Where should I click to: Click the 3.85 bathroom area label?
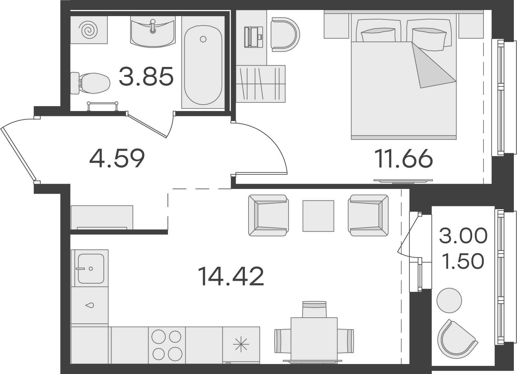(146, 76)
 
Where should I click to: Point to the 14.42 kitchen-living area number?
(231, 276)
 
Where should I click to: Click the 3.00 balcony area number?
(463, 236)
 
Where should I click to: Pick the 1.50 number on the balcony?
(463, 261)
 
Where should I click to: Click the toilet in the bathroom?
(90, 83)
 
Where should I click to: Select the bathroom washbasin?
(153, 32)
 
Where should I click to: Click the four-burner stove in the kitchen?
(167, 345)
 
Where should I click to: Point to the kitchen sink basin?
(91, 268)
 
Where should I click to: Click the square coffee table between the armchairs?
(318, 216)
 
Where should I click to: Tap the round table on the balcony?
(449, 301)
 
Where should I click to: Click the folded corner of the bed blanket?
(432, 67)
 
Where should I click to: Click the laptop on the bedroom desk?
(254, 37)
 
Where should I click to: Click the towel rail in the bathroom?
(102, 106)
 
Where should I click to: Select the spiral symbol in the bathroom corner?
(88, 30)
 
